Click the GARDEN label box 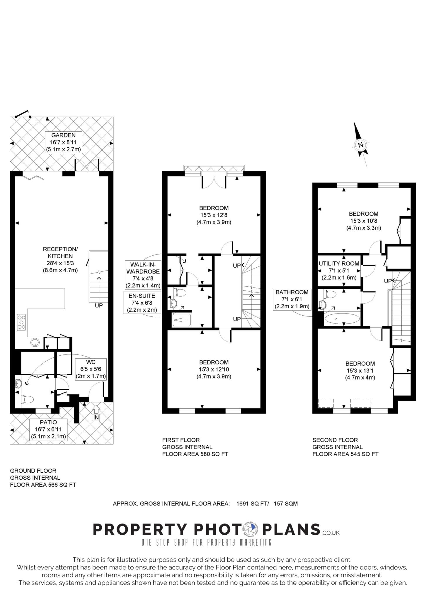63,142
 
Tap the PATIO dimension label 49,429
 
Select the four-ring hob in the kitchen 21,322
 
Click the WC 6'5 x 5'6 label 91,369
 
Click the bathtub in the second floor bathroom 342,319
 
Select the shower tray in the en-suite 182,320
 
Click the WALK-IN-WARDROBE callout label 143,275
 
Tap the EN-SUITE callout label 142,303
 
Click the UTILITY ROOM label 339,270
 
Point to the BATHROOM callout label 292,299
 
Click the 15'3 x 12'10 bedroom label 214,369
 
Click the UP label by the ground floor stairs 99,305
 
